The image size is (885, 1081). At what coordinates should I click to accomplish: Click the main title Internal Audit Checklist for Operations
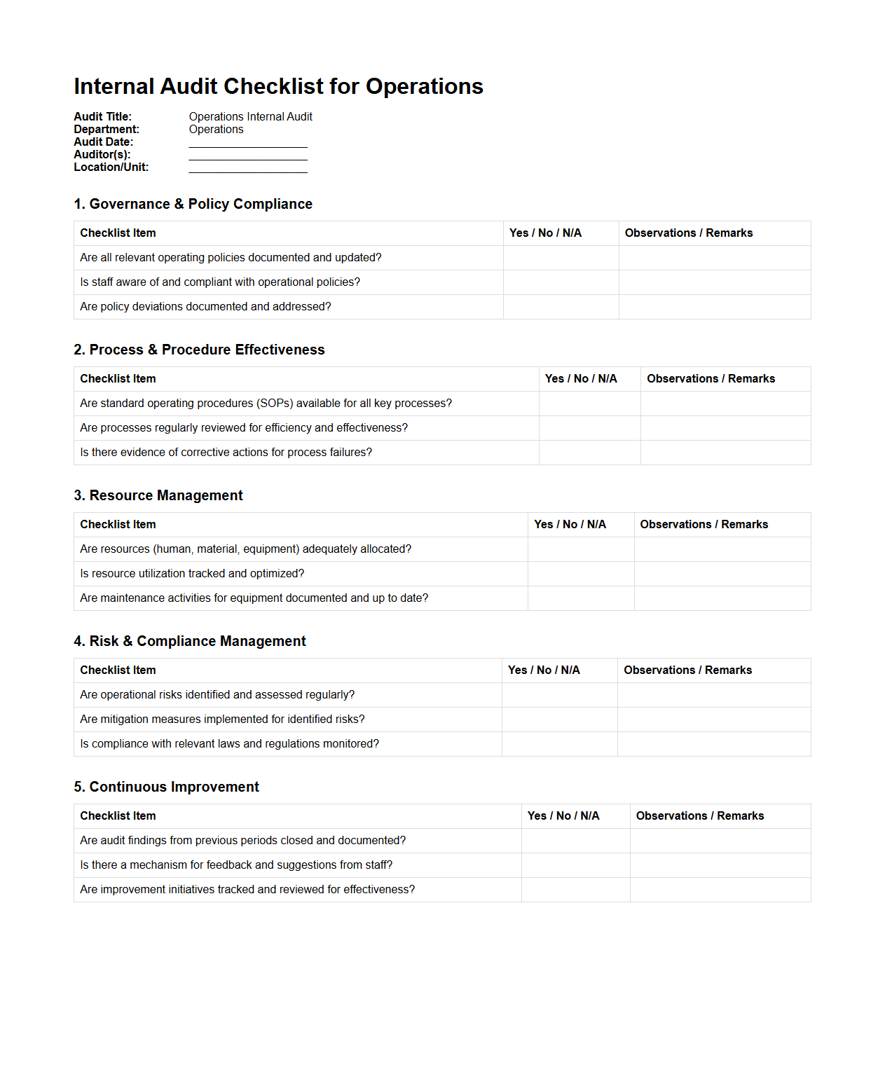point(278,86)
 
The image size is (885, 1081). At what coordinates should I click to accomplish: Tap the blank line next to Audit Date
point(248,143)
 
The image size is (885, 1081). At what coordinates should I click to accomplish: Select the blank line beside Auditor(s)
point(248,156)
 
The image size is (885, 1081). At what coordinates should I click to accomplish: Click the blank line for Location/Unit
point(248,168)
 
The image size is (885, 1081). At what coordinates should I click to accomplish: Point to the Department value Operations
point(216,130)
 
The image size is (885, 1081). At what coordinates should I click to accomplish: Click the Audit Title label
point(102,117)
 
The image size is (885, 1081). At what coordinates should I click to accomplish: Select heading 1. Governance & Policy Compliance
point(193,204)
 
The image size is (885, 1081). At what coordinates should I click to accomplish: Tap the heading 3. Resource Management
point(158,495)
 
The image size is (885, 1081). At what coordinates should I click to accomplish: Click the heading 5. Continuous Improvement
point(166,787)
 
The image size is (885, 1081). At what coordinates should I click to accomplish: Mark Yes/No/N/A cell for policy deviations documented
point(561,307)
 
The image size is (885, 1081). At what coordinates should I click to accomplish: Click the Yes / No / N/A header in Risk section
point(544,670)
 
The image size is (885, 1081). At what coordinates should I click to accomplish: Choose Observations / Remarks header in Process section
point(711,379)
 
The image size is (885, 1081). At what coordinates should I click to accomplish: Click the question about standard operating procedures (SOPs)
point(266,404)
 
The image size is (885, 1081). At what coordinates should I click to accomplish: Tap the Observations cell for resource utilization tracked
point(722,574)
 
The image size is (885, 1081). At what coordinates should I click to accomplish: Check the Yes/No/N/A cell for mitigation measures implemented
point(559,719)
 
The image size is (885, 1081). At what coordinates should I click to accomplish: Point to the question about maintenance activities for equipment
point(254,598)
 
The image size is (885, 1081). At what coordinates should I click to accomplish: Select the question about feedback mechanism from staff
point(236,865)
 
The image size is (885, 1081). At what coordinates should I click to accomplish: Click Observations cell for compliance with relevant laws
point(713,744)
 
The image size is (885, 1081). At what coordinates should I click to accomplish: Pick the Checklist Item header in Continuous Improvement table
point(118,816)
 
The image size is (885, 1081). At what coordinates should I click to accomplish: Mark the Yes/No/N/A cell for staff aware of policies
point(561,282)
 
